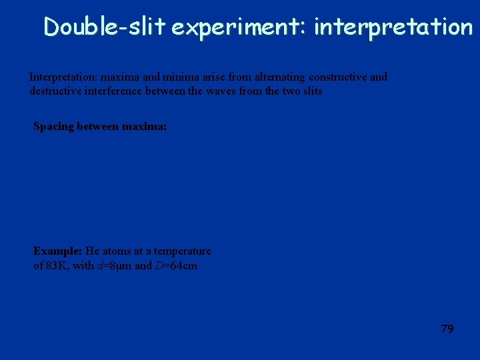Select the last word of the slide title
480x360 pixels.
pyautogui.click(x=393, y=27)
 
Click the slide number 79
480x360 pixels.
pyautogui.click(x=447, y=329)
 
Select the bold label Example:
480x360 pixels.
pyautogui.click(x=57, y=251)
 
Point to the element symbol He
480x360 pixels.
pyautogui.click(x=92, y=251)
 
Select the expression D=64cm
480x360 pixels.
pyautogui.click(x=175, y=266)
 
